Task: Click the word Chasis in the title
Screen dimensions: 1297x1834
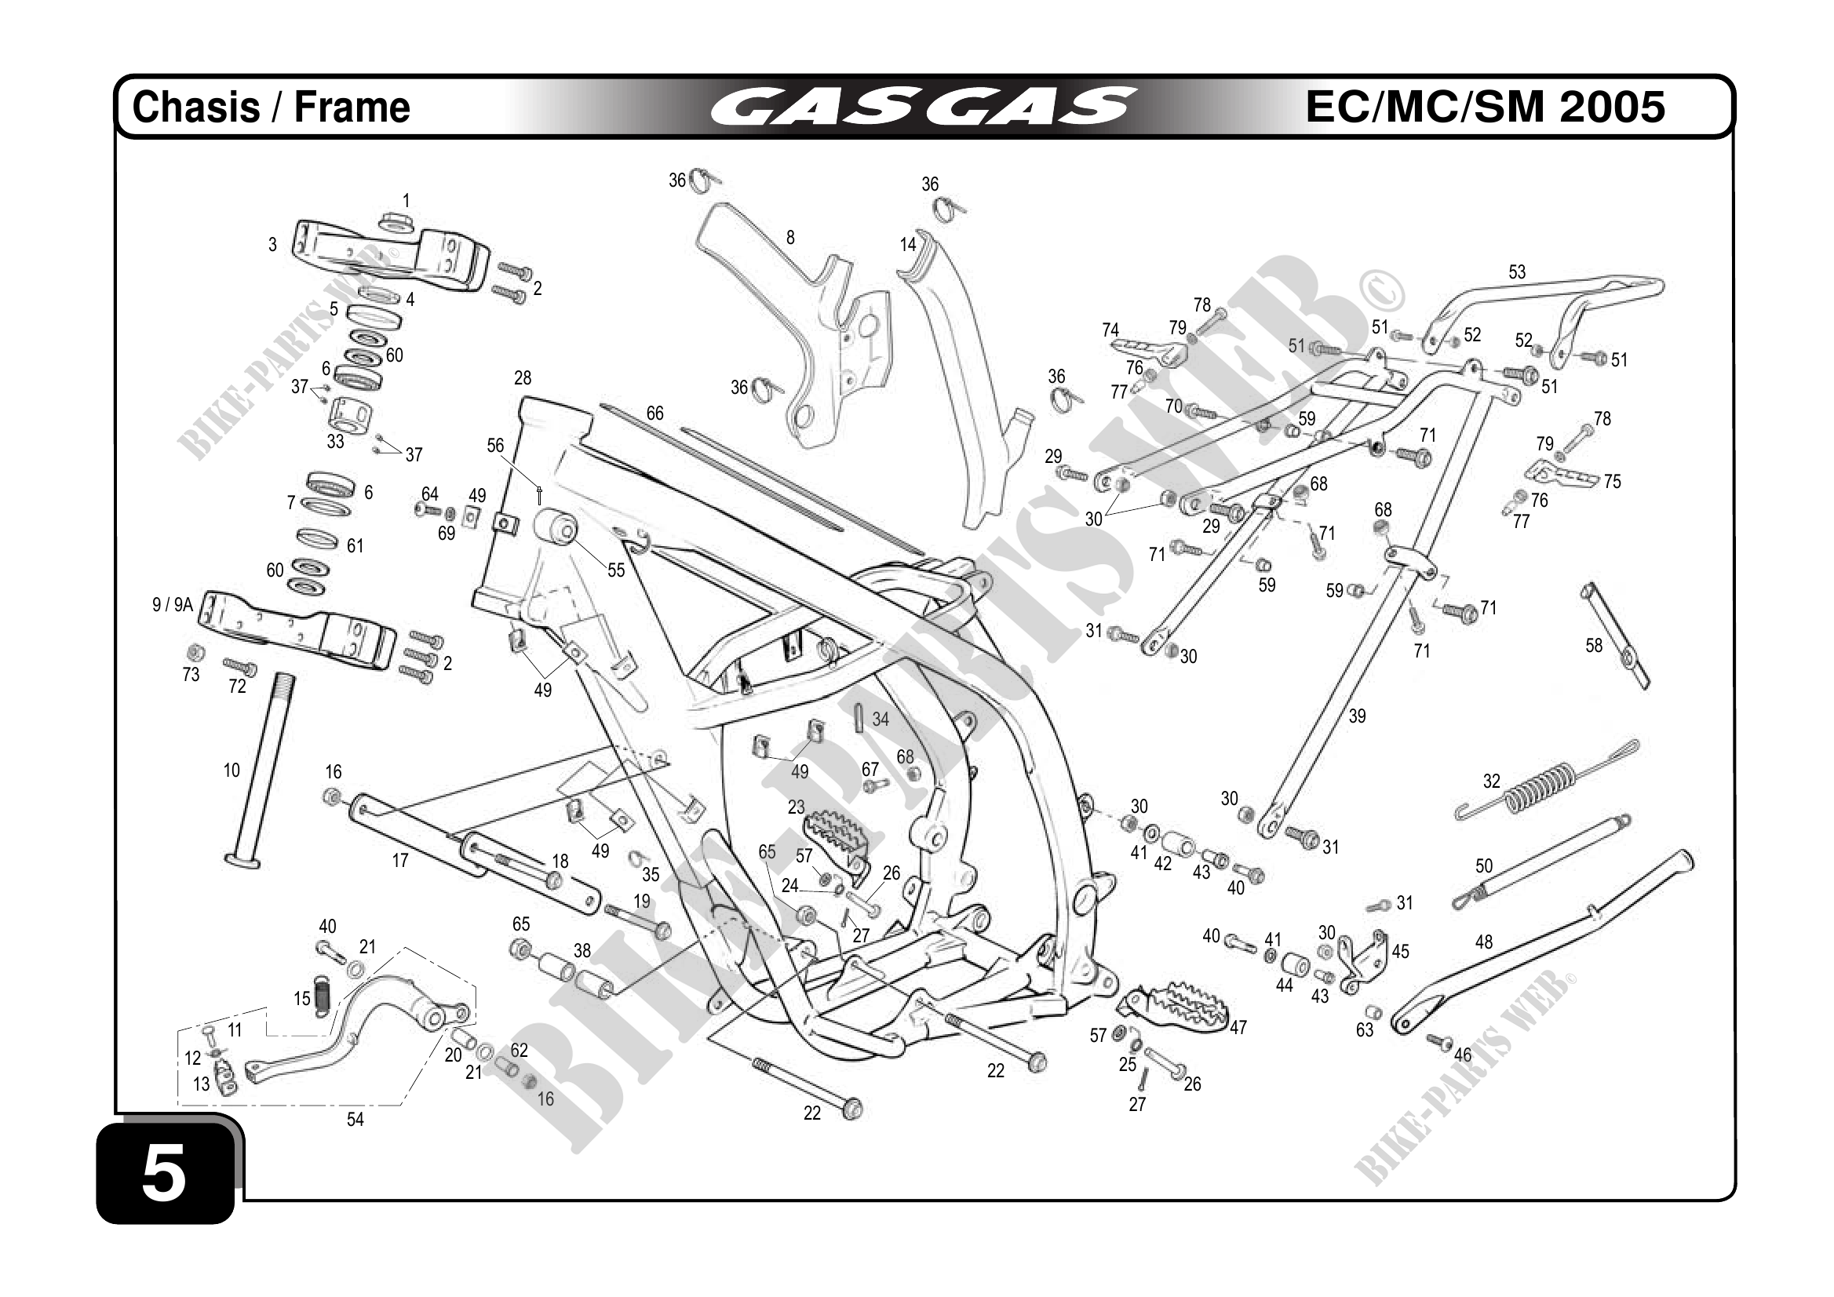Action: coord(195,107)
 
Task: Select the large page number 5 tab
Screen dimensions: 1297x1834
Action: coord(166,1173)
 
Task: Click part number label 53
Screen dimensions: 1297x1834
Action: coord(1516,272)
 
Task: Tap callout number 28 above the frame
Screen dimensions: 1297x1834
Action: coord(523,377)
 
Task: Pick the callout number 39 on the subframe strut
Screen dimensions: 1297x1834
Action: coord(1356,716)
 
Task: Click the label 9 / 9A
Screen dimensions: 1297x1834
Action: coord(173,605)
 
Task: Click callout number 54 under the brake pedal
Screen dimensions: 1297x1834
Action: coord(355,1120)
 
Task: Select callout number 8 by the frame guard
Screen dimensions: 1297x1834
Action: coord(790,237)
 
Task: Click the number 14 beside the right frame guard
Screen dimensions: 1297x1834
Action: coord(907,244)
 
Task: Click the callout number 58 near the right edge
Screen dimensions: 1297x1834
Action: coord(1594,645)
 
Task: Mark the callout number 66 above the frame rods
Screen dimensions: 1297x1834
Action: coord(654,413)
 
